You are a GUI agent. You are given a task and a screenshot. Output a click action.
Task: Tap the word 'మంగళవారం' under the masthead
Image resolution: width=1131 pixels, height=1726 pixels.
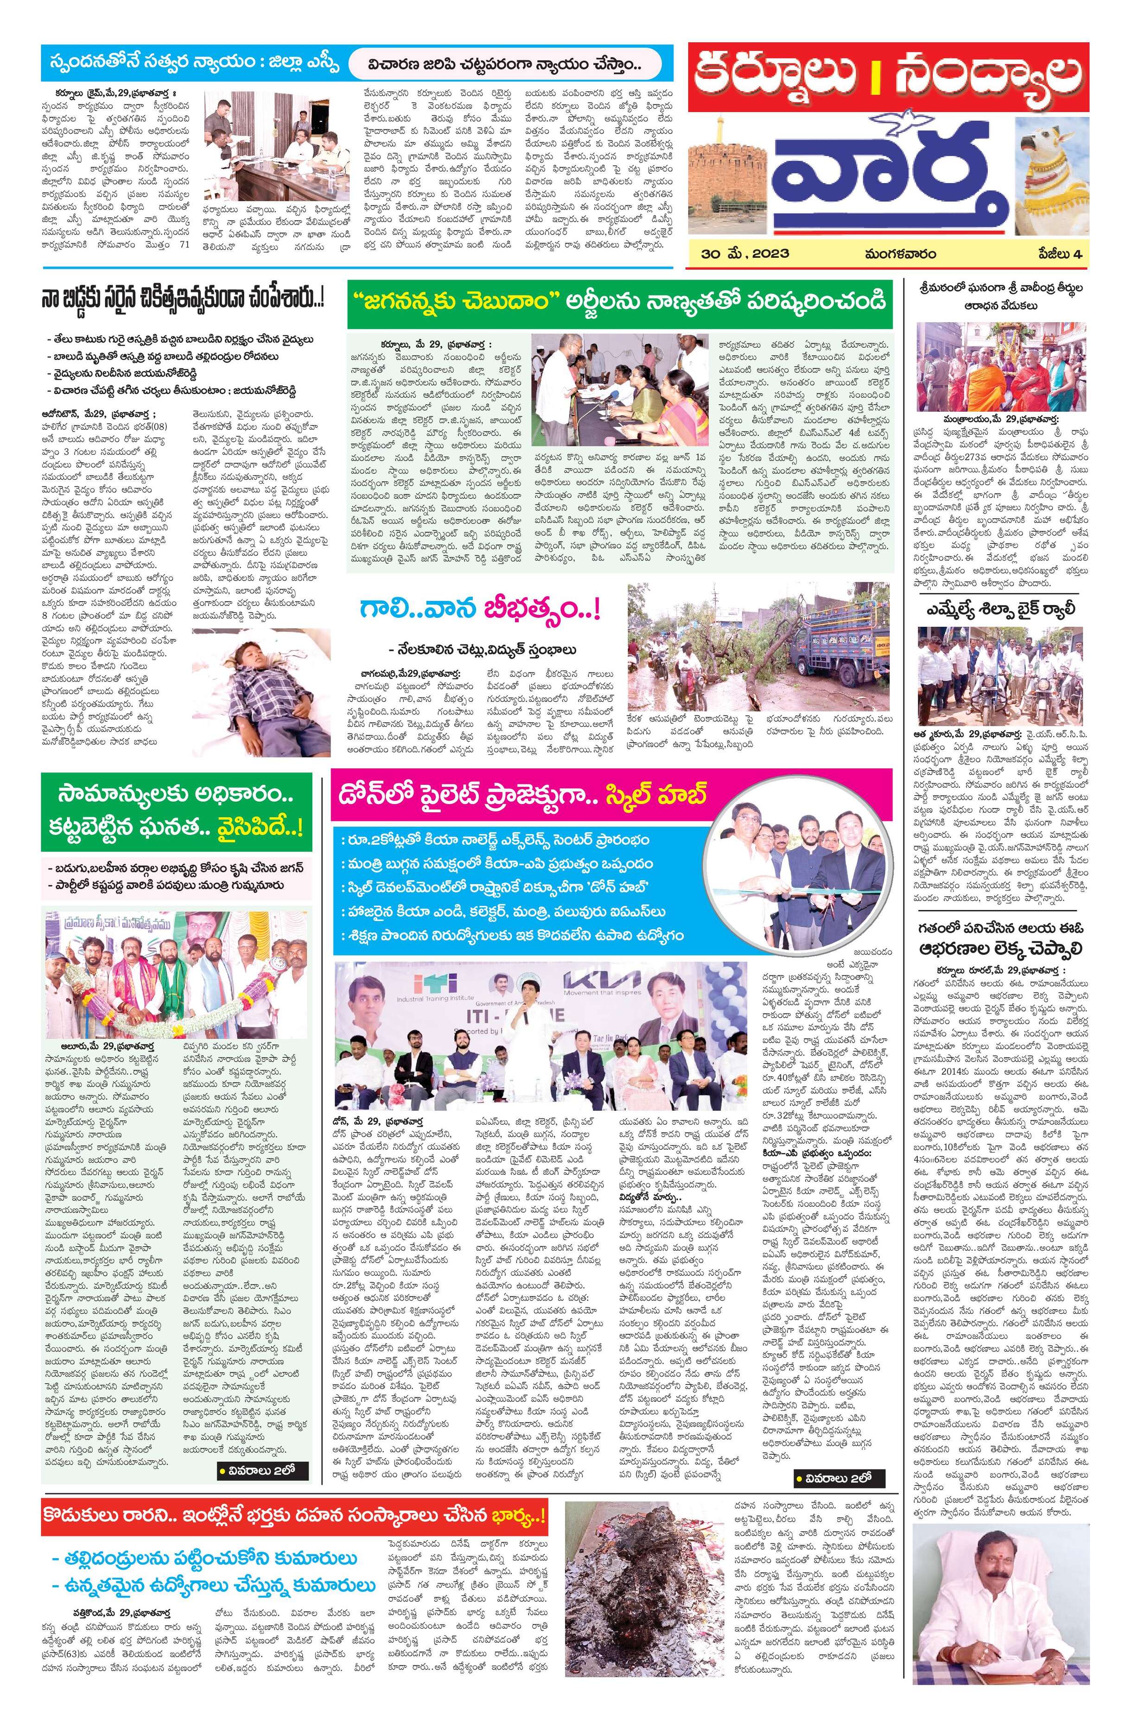click(x=899, y=254)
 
